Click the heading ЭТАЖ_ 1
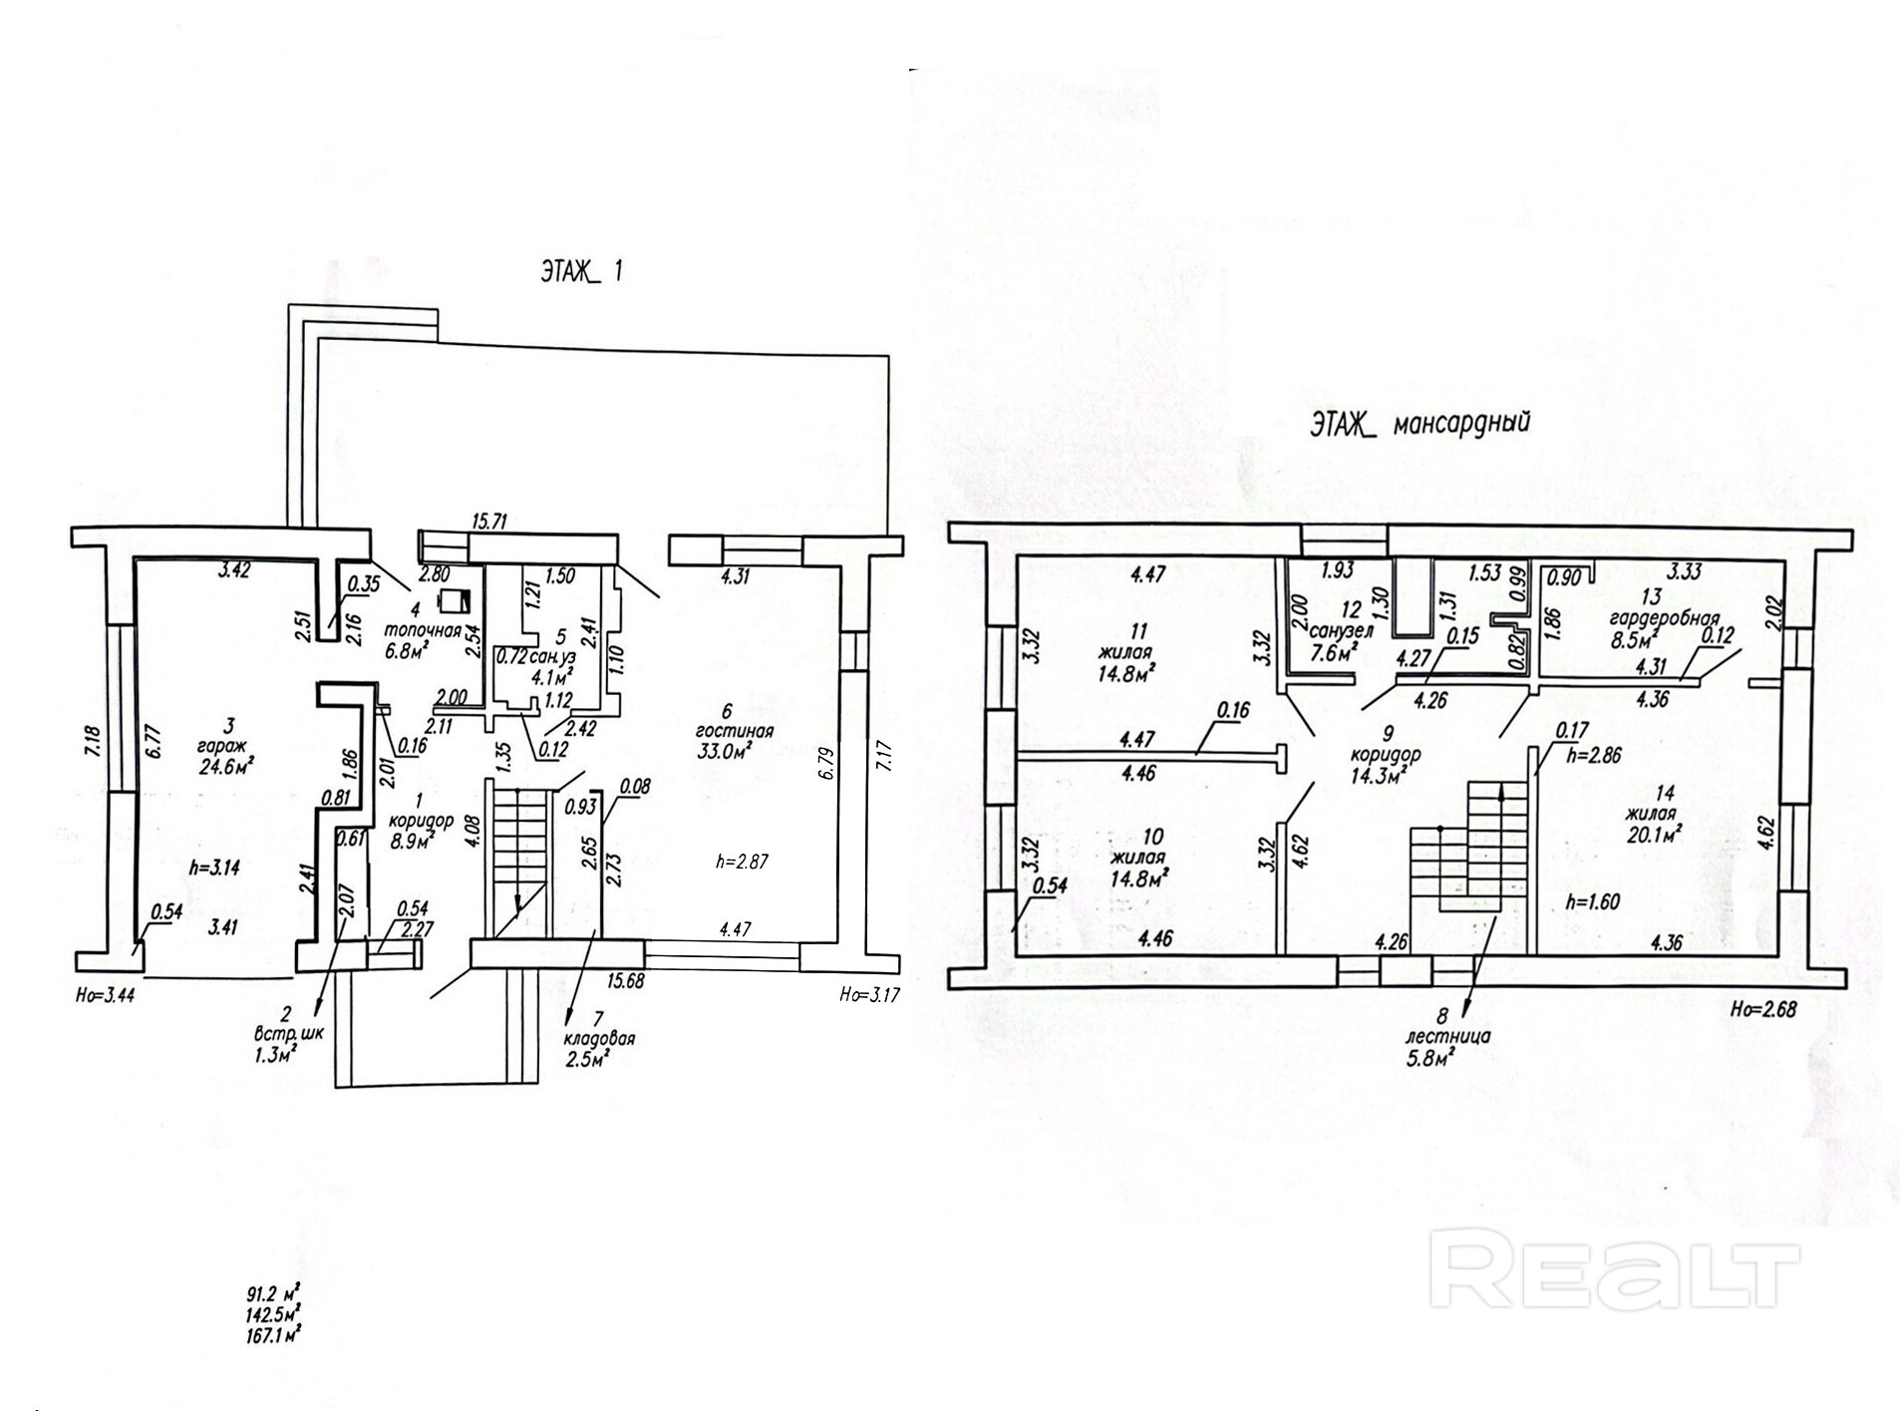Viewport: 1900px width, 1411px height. pyautogui.click(x=581, y=273)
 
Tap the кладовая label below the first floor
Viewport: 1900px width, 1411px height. pyautogui.click(x=601, y=1038)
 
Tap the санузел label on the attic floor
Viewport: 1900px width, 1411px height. pyautogui.click(x=1339, y=630)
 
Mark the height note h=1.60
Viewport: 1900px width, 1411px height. pyautogui.click(x=1592, y=902)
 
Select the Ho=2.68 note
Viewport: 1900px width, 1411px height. pyautogui.click(x=1762, y=1008)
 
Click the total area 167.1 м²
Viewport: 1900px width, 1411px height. pyautogui.click(x=274, y=1332)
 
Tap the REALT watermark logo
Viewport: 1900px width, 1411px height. pyautogui.click(x=1614, y=1273)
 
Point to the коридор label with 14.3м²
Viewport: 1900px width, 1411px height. pyautogui.click(x=1379, y=755)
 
